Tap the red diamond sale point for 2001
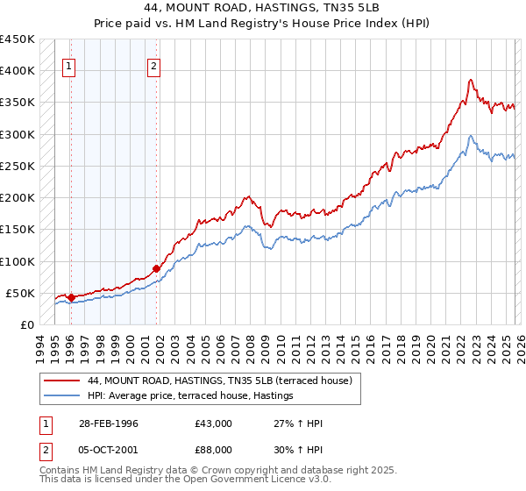point(156,268)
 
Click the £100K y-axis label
point(18,261)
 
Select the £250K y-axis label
point(18,166)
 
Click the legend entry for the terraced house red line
point(219,381)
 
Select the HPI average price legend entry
point(189,396)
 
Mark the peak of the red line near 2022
point(471,80)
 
